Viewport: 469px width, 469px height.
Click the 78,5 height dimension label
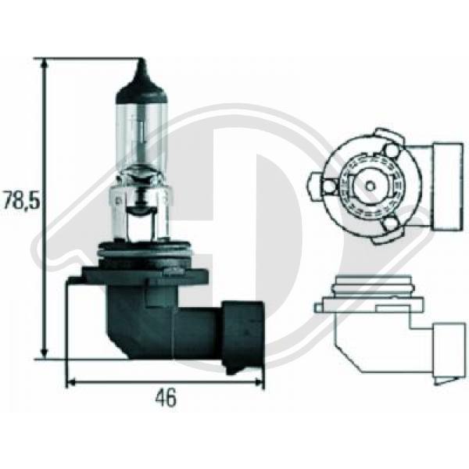click(x=21, y=199)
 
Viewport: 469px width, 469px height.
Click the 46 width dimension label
click(x=166, y=398)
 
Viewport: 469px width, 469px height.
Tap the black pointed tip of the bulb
click(x=141, y=64)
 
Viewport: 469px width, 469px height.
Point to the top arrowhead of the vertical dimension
click(x=45, y=64)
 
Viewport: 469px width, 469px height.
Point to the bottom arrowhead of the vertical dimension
click(x=45, y=353)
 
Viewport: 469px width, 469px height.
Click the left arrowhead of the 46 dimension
click(x=72, y=381)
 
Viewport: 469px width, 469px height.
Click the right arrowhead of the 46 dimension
click(x=258, y=381)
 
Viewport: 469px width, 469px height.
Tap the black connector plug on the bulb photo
click(x=242, y=336)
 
